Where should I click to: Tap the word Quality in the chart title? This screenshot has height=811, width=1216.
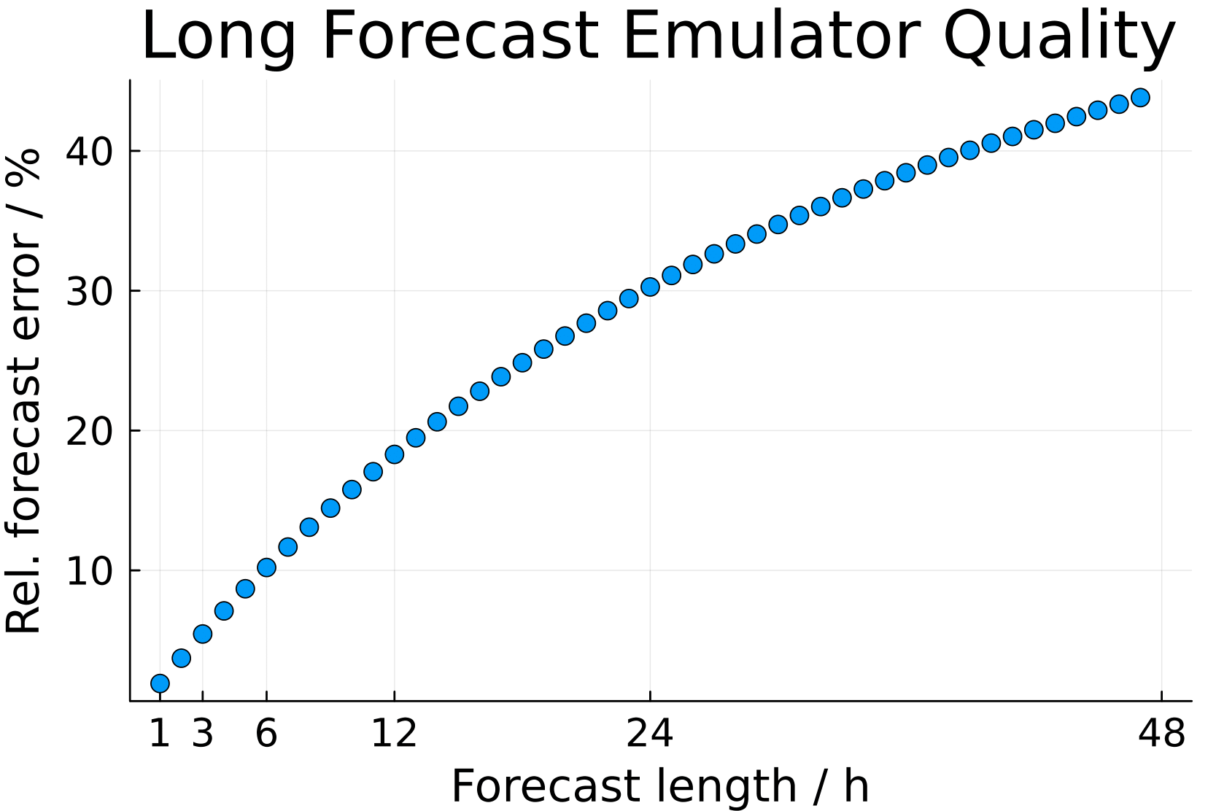coord(1059,36)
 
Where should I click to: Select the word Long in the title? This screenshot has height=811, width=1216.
coord(219,36)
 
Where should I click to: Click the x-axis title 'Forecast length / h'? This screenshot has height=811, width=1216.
coord(660,786)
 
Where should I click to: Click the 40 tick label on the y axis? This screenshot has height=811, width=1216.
coord(89,151)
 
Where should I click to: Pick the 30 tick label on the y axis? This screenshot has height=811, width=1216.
coord(89,291)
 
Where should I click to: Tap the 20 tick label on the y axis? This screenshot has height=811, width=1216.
coord(89,431)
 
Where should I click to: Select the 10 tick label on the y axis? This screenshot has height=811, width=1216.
coord(89,571)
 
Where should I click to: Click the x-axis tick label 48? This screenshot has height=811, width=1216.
coord(1161,733)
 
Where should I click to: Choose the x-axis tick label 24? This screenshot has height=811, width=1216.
coord(649,733)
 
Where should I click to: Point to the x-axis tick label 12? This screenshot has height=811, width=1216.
coord(394,733)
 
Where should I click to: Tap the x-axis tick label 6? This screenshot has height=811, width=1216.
coord(266,733)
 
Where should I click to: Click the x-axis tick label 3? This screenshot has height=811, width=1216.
coord(203,733)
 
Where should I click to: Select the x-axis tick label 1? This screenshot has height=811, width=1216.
coord(160,733)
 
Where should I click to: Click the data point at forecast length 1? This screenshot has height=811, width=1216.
coord(160,683)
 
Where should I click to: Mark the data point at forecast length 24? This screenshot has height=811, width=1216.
coord(650,287)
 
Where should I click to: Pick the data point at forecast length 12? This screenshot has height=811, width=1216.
coord(394,454)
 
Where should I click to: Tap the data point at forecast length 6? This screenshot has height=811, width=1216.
coord(266,567)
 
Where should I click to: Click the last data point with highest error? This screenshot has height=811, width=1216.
coord(1140,98)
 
